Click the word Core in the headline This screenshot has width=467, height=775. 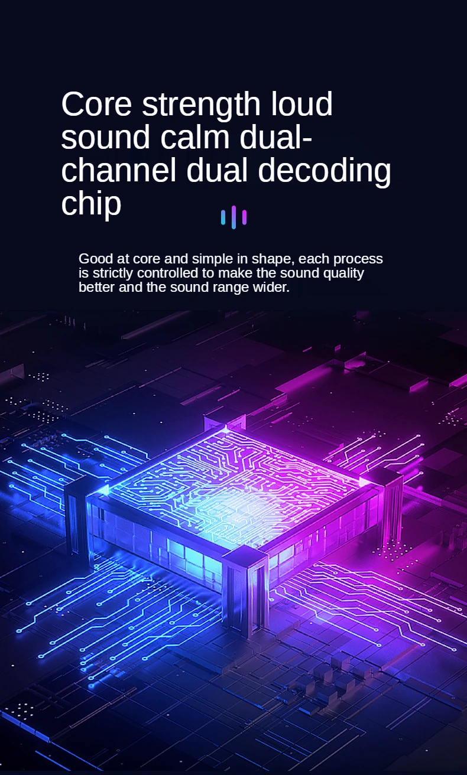[x=96, y=105]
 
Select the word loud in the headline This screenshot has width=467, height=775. [x=301, y=105]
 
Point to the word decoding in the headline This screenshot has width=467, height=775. [x=325, y=171]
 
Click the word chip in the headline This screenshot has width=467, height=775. [x=91, y=204]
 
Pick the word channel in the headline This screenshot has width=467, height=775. [x=118, y=171]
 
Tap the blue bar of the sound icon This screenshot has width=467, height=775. [x=223, y=217]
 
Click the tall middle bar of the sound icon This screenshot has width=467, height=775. [x=234, y=217]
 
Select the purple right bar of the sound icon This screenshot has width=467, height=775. [x=245, y=217]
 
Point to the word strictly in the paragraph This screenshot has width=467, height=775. [x=113, y=273]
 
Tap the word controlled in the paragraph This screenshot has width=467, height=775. [x=168, y=273]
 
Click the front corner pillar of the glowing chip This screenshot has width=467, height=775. [x=245, y=591]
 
